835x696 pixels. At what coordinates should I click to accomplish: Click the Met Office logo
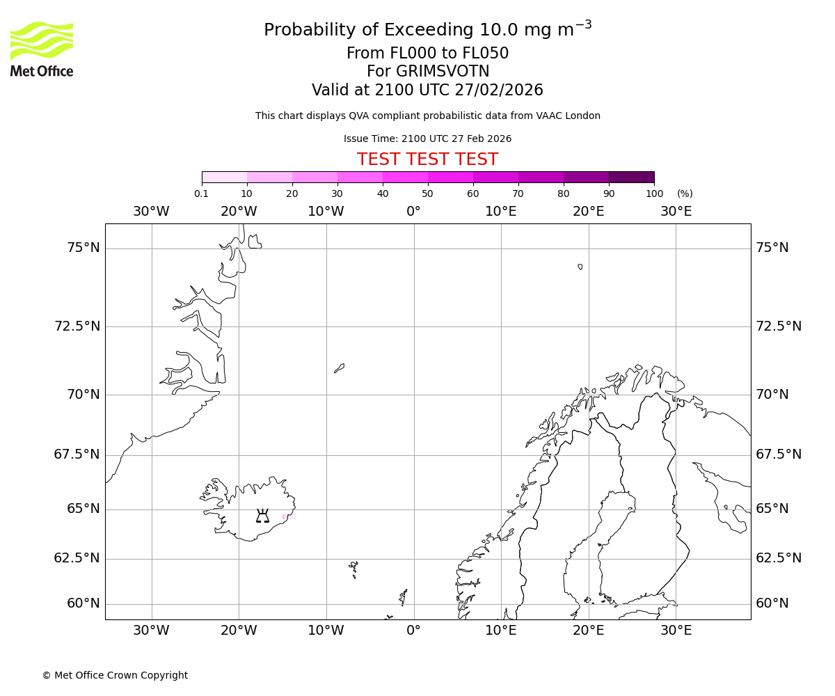[x=42, y=49]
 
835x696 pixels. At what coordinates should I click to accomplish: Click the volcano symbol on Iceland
[x=262, y=516]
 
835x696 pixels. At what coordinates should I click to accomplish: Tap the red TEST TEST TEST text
[x=427, y=159]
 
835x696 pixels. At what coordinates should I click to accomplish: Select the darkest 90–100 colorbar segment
[x=631, y=177]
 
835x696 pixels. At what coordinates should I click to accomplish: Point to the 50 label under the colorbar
[x=427, y=193]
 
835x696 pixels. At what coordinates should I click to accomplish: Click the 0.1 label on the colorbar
[x=202, y=193]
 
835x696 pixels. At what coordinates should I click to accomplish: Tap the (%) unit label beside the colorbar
[x=685, y=193]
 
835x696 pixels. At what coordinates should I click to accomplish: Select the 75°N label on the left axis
[x=83, y=248]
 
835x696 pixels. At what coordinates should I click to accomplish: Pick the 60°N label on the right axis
[x=772, y=603]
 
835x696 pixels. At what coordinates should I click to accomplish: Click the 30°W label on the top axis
[x=151, y=211]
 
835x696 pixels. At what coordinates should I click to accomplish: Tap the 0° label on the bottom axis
[x=413, y=631]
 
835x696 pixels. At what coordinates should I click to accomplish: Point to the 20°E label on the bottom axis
[x=588, y=631]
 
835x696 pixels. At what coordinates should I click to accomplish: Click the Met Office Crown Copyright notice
[x=115, y=675]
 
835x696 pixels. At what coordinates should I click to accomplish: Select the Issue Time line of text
[x=427, y=139]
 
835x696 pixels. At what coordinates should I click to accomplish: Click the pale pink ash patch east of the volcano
[x=289, y=516]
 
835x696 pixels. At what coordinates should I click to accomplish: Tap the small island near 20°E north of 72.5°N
[x=580, y=267]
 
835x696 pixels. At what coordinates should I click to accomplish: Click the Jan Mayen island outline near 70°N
[x=339, y=367]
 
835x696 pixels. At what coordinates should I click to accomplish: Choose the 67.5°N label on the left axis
[x=77, y=454]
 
